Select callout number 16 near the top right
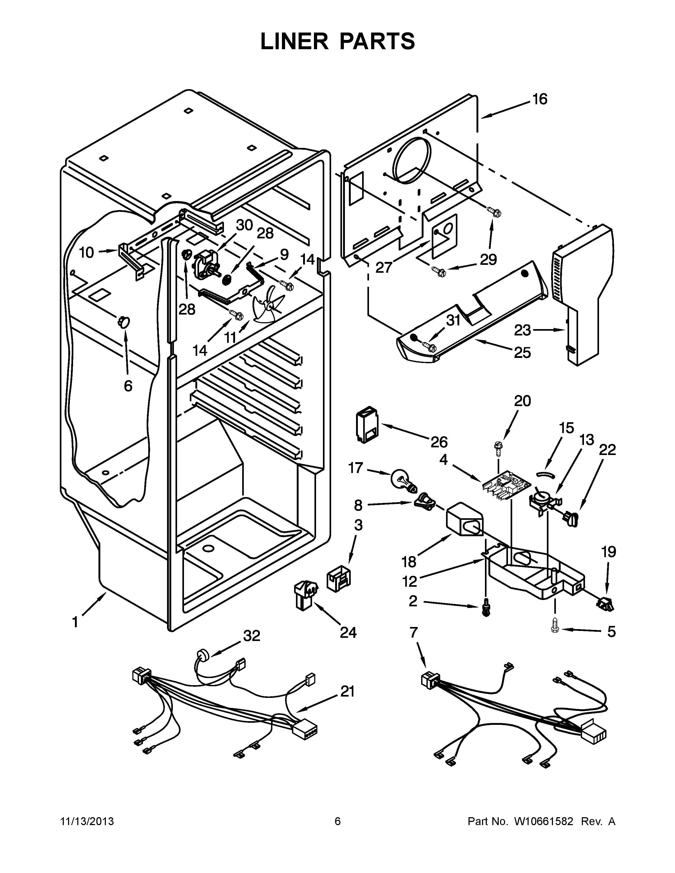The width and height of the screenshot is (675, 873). pos(540,99)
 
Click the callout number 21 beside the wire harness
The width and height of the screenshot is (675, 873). pos(347,691)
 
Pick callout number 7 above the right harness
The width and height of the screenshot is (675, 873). pos(413,632)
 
